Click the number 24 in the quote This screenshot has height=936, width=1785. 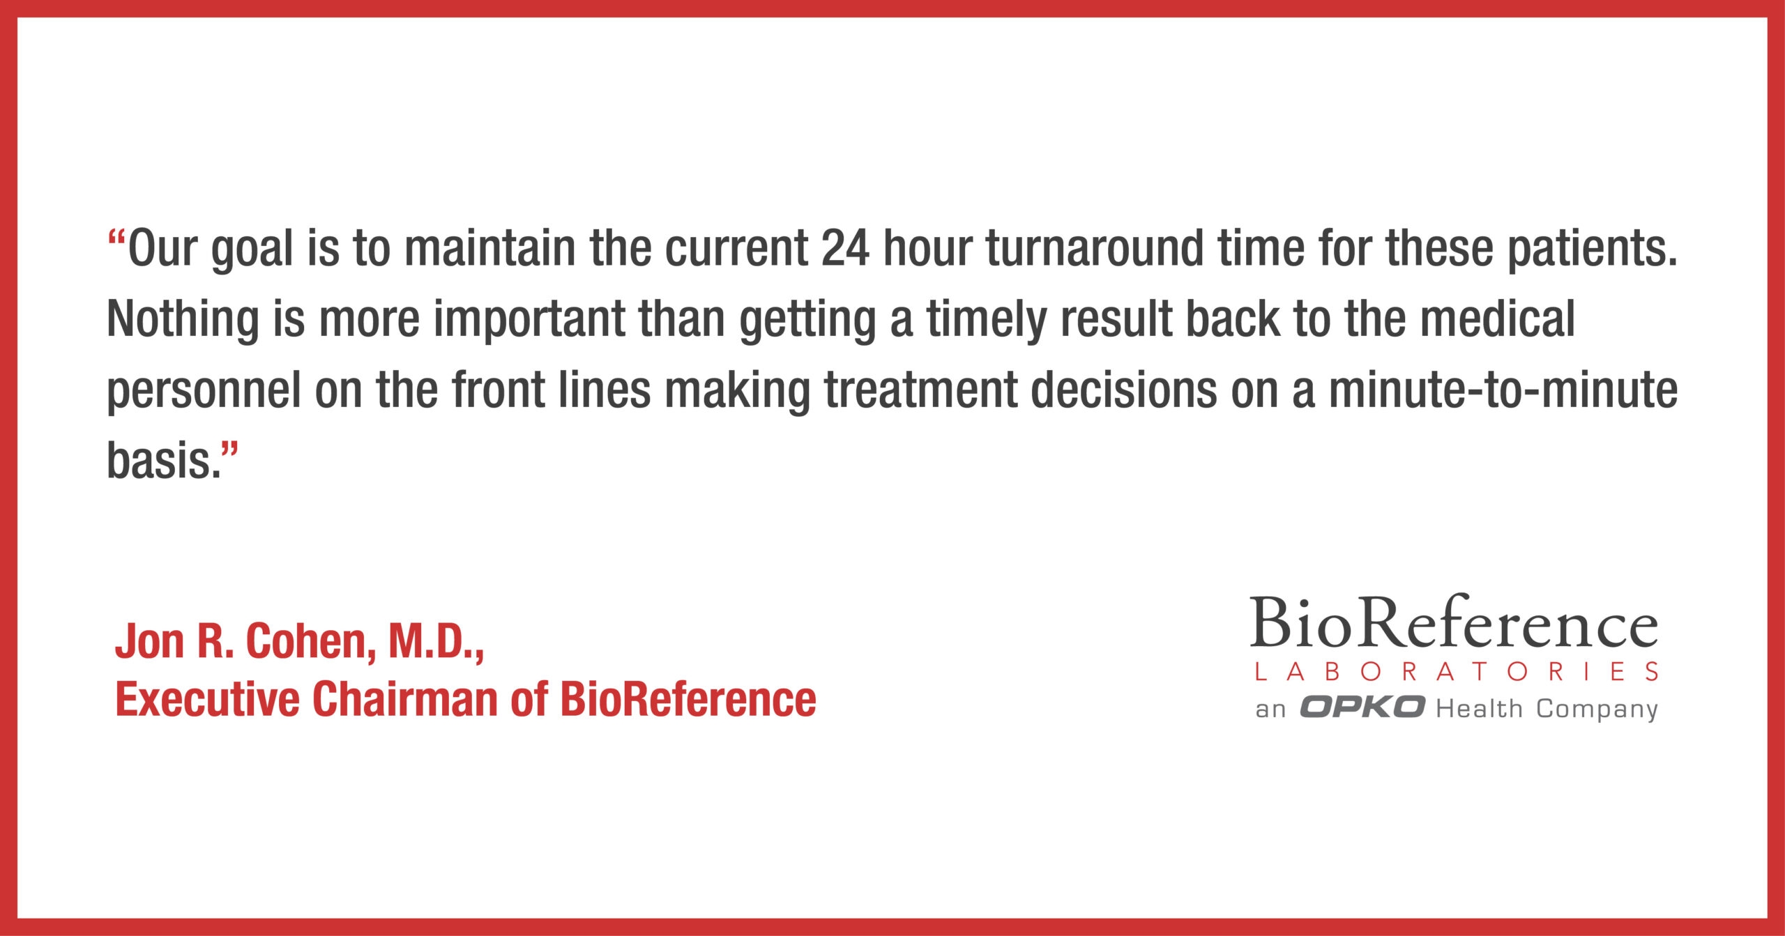845,248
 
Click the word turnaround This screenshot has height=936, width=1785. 1095,248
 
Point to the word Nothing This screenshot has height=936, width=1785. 183,319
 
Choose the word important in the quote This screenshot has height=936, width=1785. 529,319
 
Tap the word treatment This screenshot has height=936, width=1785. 920,390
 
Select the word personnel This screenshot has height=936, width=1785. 204,390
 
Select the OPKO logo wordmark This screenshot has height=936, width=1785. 1361,707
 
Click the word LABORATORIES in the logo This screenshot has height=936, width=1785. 1456,672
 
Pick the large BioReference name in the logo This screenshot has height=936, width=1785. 1453,622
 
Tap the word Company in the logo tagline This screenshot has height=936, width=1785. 1597,709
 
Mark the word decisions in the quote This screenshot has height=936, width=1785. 1123,390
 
